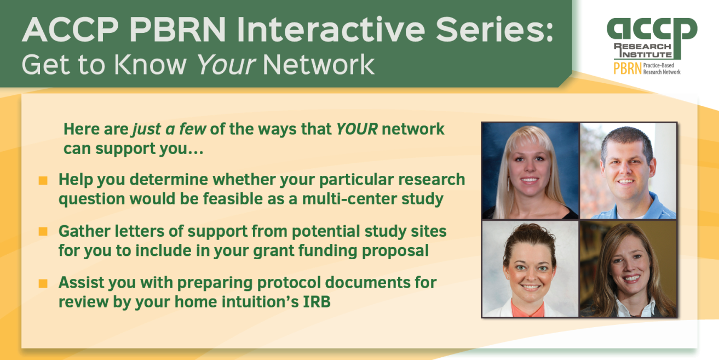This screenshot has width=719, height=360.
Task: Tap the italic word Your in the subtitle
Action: click(226, 65)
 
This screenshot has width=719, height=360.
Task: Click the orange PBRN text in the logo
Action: click(628, 68)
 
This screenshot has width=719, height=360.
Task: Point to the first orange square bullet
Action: click(43, 180)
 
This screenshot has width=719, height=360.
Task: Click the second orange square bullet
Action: click(43, 232)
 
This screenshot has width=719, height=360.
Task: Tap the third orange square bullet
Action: click(43, 284)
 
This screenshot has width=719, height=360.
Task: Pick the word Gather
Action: click(84, 231)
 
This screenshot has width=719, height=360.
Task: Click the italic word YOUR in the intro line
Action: click(356, 129)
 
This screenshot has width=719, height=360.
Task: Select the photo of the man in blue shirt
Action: click(628, 171)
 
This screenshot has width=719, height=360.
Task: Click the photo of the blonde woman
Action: click(530, 171)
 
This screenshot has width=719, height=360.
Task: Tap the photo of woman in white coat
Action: click(530, 269)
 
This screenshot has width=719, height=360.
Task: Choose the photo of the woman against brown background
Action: click(628, 269)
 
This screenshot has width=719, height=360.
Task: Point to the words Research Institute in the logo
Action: click(643, 50)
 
